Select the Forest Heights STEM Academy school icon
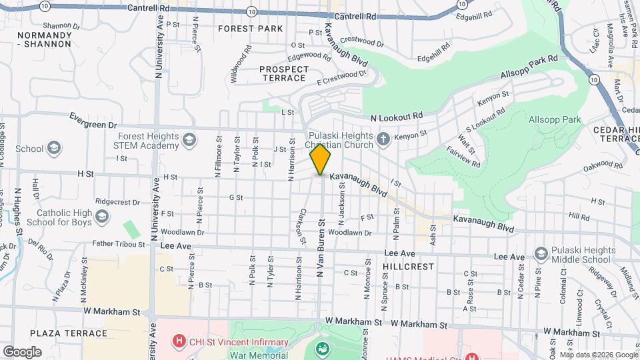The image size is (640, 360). click(x=189, y=139)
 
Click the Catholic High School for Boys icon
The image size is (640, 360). click(x=102, y=216)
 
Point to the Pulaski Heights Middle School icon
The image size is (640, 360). click(x=541, y=254)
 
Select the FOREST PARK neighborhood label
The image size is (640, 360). click(x=250, y=29)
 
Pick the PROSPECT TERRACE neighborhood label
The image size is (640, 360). click(x=284, y=73)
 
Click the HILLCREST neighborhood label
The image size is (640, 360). click(x=409, y=266)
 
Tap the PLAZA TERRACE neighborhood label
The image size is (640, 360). click(x=69, y=333)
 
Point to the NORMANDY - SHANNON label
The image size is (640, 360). click(x=44, y=39)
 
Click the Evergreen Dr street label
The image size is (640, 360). click(x=93, y=120)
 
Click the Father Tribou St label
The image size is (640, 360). click(x=119, y=244)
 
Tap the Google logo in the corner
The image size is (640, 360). click(x=22, y=351)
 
